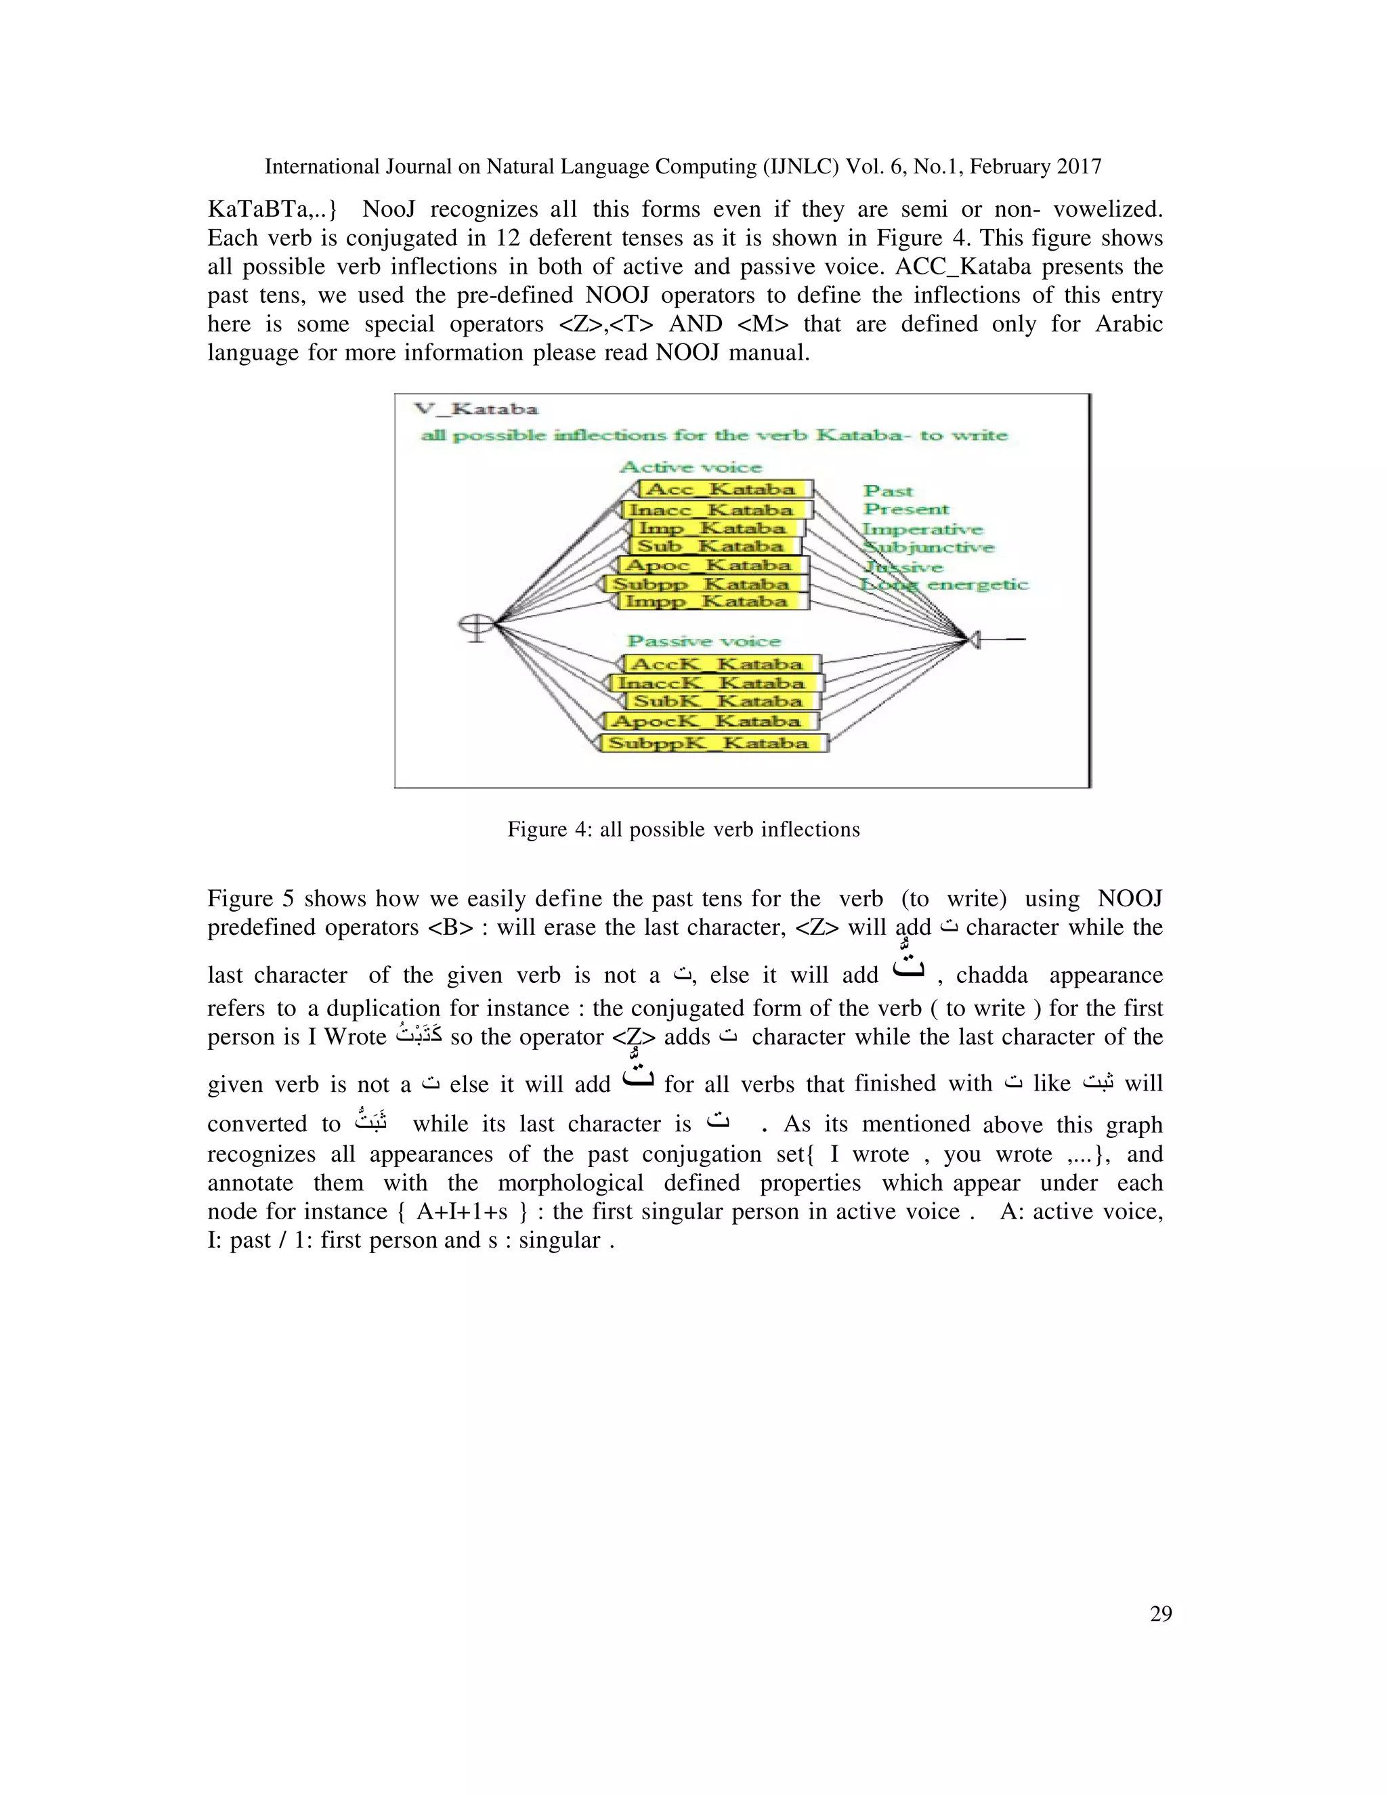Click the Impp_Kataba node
pos(712,601)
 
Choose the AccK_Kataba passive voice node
pos(721,664)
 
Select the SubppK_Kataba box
pos(713,743)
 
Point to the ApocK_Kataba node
pos(712,721)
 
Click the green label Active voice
pos(690,467)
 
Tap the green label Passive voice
pos(704,641)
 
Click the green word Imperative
pos(922,529)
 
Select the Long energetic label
pos(944,585)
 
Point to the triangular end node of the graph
pos(975,639)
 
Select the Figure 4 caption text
pos(683,829)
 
